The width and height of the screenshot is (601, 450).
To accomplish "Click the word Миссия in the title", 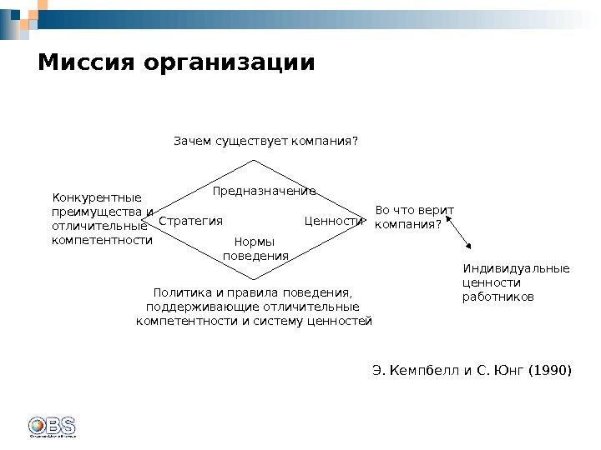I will coord(87,63).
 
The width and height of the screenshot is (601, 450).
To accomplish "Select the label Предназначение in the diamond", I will coord(264,192).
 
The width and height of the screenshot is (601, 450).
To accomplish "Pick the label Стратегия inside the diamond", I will coord(191,222).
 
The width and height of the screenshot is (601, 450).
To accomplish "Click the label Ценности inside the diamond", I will coord(335,222).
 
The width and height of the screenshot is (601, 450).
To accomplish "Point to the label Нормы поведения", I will coord(255,249).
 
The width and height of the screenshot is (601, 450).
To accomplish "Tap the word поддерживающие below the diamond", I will coord(194,306).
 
